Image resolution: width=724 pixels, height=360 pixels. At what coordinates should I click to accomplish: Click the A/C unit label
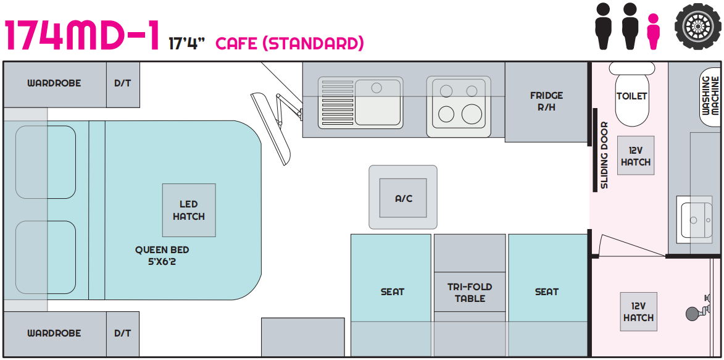pos(403,199)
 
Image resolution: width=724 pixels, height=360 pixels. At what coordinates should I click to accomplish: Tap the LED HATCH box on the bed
pos(189,211)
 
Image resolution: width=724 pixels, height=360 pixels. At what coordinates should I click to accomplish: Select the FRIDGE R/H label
pos(546,101)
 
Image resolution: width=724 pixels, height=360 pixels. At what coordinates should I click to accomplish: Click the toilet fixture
pos(631,94)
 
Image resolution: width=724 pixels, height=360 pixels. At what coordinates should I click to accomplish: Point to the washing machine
pos(710,97)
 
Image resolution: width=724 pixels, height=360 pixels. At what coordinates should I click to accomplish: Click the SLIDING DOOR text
pos(604,155)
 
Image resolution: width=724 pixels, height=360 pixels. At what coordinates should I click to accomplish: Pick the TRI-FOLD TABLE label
pos(470,293)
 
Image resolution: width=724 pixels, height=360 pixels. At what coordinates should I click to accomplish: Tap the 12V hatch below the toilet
pos(636,156)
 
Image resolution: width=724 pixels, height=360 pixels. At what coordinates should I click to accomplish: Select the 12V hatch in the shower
pos(639,312)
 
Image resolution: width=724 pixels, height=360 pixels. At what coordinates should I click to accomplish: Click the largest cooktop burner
pos(472,114)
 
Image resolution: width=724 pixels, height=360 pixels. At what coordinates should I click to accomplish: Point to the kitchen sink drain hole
pos(377,87)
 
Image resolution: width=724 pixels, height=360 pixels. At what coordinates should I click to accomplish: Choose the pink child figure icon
pos(653,31)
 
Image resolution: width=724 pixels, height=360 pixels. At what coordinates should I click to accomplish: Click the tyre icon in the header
pos(697,26)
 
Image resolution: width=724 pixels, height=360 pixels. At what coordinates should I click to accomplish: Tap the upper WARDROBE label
pos(54,83)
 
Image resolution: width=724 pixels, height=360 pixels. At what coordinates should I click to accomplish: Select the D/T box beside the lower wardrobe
pos(123,333)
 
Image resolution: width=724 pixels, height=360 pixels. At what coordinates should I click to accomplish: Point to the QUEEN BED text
pos(162,250)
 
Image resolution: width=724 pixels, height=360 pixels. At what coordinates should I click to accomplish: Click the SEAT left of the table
pos(393,292)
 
